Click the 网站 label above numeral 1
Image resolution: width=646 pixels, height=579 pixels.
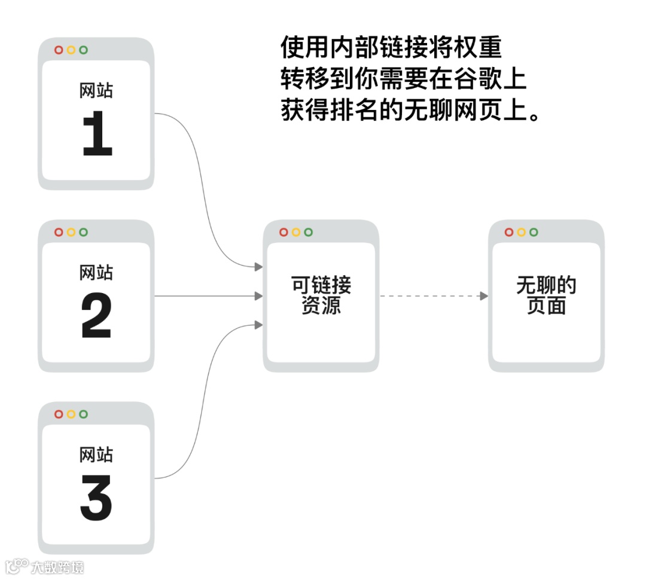[96, 90]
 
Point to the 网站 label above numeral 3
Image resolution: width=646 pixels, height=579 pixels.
[96, 455]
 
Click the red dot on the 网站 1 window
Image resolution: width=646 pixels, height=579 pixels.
[59, 50]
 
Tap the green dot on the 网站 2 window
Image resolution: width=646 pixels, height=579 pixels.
[83, 232]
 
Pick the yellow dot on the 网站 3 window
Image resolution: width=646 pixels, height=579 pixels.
[71, 414]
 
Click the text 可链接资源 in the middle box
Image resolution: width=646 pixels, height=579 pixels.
[321, 295]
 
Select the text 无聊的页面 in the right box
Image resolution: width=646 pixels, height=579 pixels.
[546, 295]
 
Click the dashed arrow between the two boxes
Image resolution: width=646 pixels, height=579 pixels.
[431, 296]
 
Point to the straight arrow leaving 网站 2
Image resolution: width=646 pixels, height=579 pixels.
[203, 296]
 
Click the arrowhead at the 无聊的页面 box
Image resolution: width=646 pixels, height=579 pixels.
[484, 296]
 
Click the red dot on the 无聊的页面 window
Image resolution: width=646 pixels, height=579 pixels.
[509, 232]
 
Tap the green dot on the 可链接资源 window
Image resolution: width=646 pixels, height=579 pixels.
[308, 232]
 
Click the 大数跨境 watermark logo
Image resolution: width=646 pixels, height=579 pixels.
[45, 566]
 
